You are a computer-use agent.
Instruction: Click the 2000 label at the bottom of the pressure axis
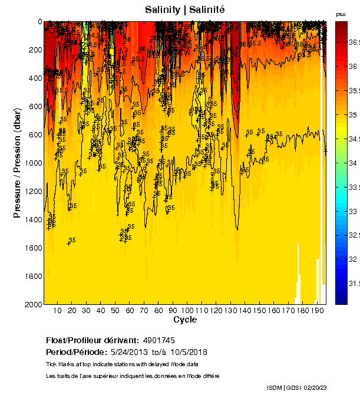pyautogui.click(x=34, y=304)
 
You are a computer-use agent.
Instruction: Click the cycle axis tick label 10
pyautogui.click(x=58, y=311)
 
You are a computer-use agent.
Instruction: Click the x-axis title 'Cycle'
pyautogui.click(x=185, y=320)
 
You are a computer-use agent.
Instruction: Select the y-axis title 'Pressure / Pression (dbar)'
pyautogui.click(x=18, y=163)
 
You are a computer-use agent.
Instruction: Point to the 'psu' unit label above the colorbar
pyautogui.click(x=341, y=14)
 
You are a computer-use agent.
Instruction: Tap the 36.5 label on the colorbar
pyautogui.click(x=354, y=42)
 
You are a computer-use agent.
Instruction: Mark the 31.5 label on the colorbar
pyautogui.click(x=354, y=283)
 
